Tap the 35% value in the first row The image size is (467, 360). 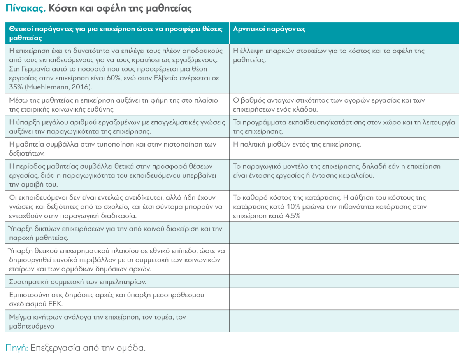tap(15, 86)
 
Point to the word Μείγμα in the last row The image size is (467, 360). tap(20, 317)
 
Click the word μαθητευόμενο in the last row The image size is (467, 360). tap(31, 326)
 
